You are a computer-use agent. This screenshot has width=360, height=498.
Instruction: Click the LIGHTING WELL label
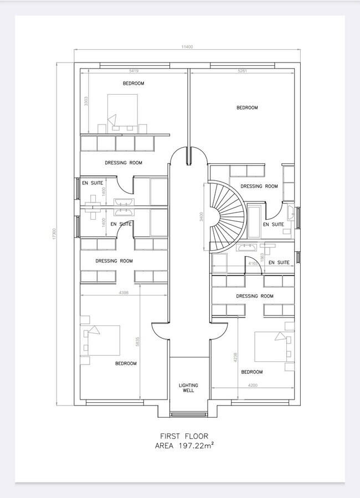188,388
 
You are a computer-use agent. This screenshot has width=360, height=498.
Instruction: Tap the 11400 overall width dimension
187,47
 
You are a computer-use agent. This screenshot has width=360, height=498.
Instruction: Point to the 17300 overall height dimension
54,234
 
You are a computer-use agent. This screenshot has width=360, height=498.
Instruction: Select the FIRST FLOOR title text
184,436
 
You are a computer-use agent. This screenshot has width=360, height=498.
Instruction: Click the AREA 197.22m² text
184,445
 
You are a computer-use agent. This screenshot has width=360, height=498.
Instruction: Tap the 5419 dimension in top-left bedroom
133,71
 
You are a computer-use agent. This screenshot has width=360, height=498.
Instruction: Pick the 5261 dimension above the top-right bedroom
243,71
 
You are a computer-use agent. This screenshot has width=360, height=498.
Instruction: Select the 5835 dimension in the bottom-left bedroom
137,342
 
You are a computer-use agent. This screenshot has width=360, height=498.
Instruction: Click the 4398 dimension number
124,293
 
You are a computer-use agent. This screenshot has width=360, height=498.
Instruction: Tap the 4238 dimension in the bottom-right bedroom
235,357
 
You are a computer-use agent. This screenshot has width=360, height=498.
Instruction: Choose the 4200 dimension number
253,385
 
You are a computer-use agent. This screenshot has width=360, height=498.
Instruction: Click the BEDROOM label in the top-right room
247,108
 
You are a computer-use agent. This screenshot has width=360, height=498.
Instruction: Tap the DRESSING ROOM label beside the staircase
259,186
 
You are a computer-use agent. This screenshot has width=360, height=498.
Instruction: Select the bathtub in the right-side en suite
254,222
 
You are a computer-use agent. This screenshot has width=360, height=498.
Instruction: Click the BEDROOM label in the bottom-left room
126,364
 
